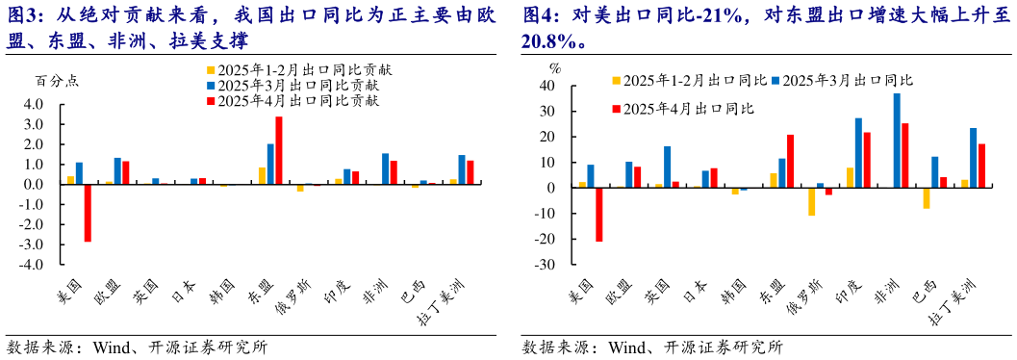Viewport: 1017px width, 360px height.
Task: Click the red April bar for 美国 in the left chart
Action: (x=88, y=213)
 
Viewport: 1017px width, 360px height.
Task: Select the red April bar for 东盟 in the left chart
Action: (x=279, y=150)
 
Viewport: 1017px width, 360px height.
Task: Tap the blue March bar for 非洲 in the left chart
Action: (x=385, y=168)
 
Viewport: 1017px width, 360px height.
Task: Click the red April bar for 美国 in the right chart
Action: (x=599, y=215)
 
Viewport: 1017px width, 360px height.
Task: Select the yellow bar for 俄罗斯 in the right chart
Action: (x=811, y=201)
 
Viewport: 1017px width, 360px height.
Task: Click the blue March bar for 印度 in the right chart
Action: (x=858, y=153)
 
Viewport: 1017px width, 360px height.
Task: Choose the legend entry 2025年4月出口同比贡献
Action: (x=298, y=99)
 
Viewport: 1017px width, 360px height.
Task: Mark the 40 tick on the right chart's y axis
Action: (x=548, y=86)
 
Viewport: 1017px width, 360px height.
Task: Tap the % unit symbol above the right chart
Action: (x=554, y=68)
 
